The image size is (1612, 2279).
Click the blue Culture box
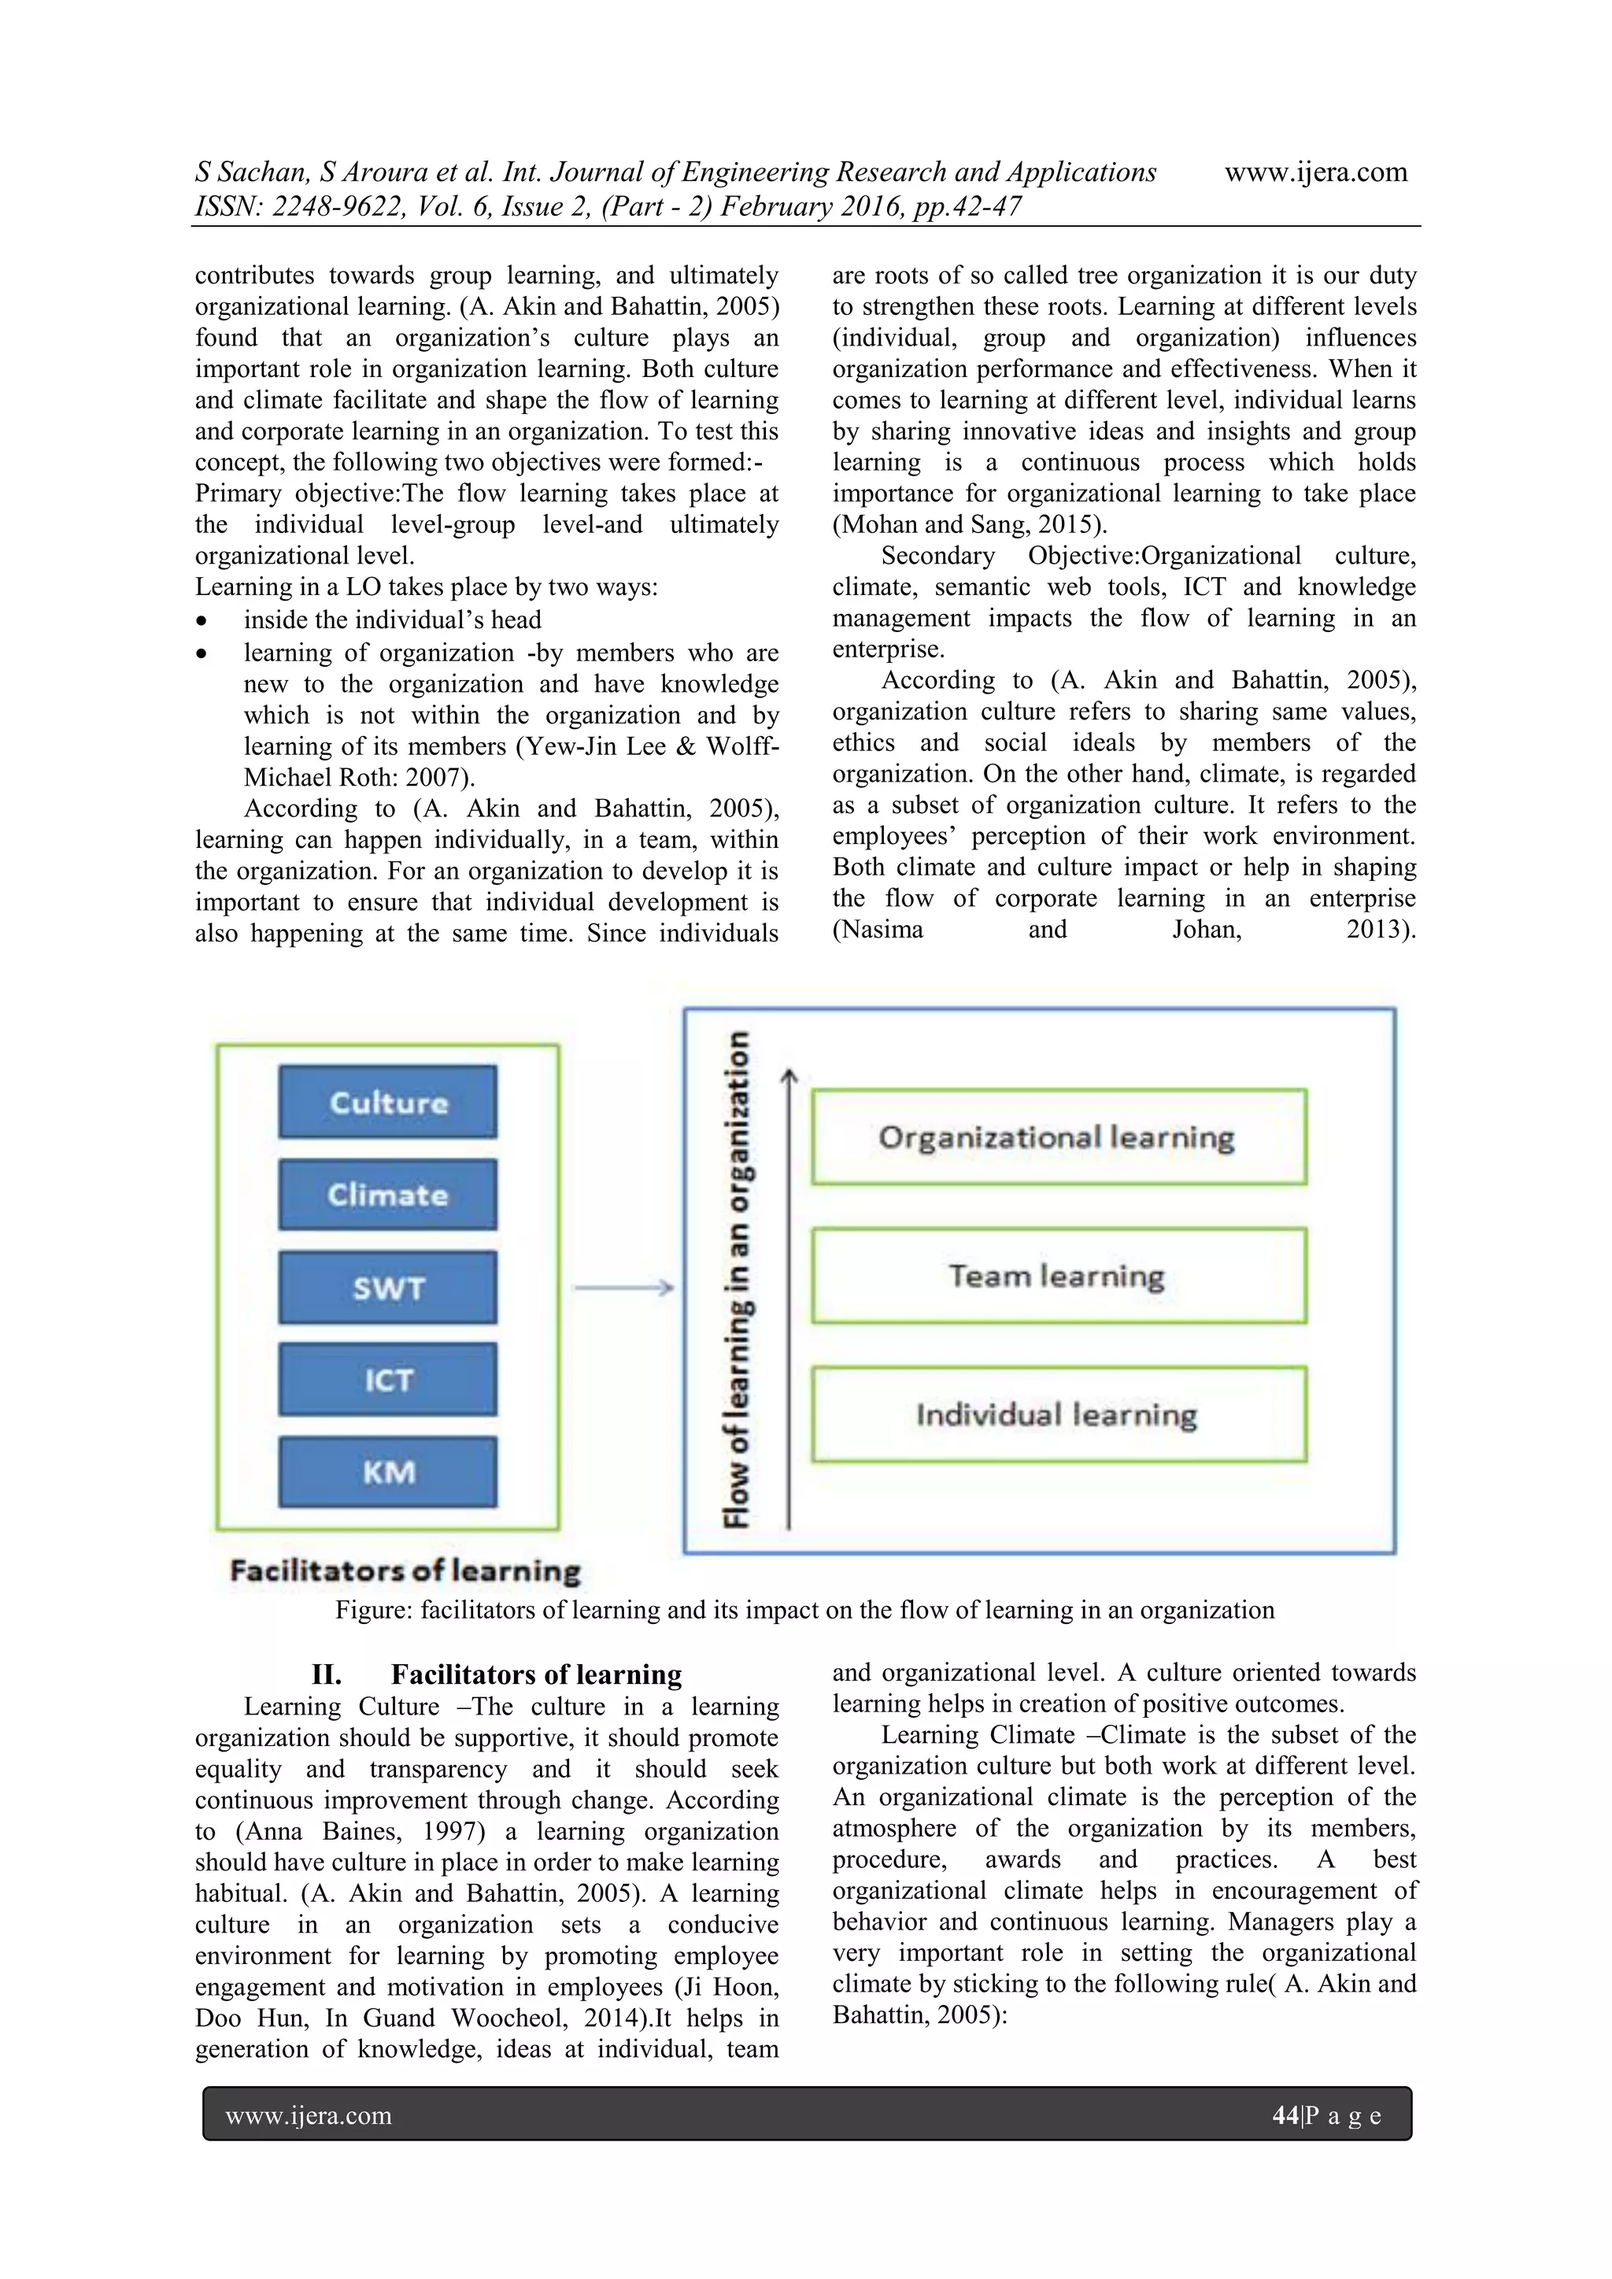pyautogui.click(x=387, y=1102)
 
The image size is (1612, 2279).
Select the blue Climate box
pyautogui.click(x=387, y=1194)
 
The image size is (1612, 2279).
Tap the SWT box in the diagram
pyautogui.click(x=387, y=1287)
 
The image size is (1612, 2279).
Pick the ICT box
pyautogui.click(x=387, y=1380)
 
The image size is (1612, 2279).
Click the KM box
pyautogui.click(x=387, y=1471)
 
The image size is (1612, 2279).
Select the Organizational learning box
pyautogui.click(x=1058, y=1137)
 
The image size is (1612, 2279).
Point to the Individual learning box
pyautogui.click(x=1058, y=1415)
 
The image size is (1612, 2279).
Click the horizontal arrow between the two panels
pyautogui.click(x=623, y=1287)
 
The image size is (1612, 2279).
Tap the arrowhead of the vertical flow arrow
pyautogui.click(x=789, y=1076)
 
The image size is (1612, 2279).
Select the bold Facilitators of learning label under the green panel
pyautogui.click(x=405, y=1571)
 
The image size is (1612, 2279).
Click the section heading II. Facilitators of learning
pyautogui.click(x=497, y=1674)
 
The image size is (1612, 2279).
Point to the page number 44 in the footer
pyautogui.click(x=1285, y=2115)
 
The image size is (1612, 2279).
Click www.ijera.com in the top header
pyautogui.click(x=1315, y=172)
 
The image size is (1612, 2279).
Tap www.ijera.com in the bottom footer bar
pyautogui.click(x=309, y=2115)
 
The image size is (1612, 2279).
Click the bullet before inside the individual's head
pyautogui.click(x=202, y=621)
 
